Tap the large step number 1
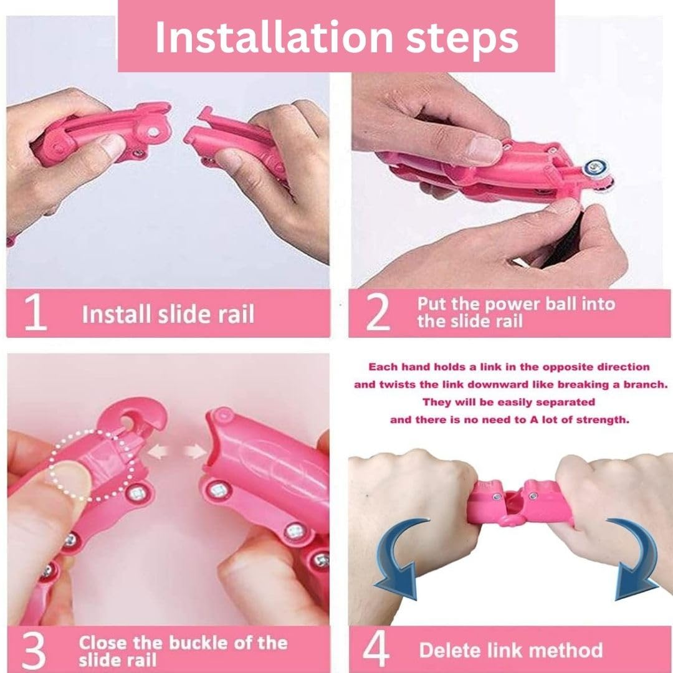tap(35, 313)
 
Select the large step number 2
tap(378, 313)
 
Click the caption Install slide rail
tap(168, 313)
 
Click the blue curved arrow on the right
tap(635, 558)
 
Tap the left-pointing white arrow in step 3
tap(157, 452)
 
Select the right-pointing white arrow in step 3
tap(195, 452)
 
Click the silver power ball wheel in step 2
tap(596, 168)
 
